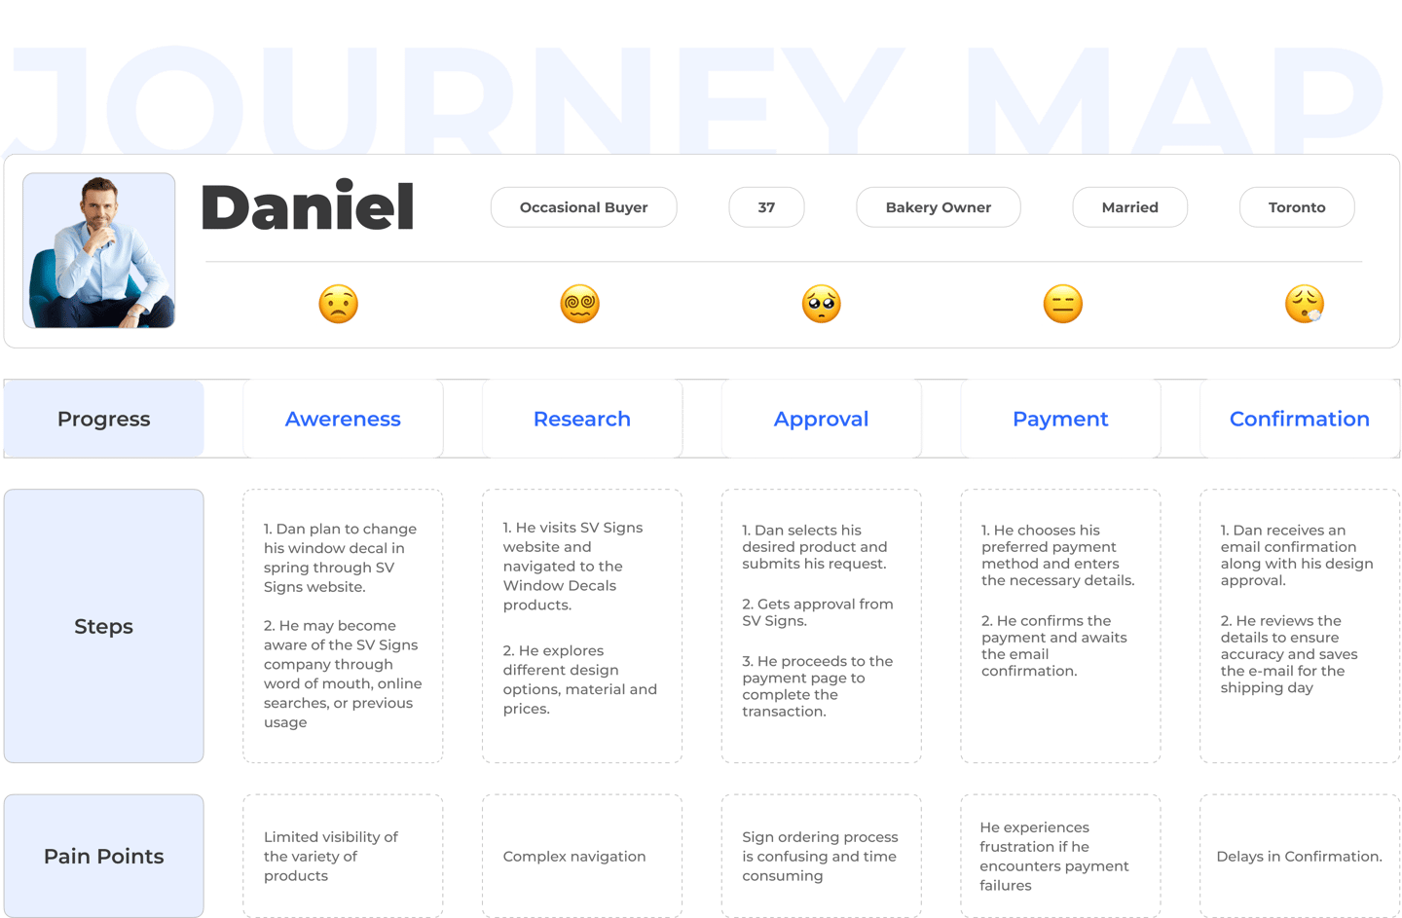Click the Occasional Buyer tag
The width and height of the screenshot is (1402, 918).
583,207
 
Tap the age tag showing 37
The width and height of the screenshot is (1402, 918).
766,207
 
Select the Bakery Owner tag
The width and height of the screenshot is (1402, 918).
938,207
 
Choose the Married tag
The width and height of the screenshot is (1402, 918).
1129,207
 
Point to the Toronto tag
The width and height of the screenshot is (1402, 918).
1296,207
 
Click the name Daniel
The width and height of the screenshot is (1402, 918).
308,207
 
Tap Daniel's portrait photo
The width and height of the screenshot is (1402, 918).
99,251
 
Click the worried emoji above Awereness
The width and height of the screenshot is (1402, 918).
339,304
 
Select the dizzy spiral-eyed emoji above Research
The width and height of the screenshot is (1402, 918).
580,304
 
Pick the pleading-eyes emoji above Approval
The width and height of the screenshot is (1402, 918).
822,304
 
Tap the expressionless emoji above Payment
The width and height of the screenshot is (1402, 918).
1063,304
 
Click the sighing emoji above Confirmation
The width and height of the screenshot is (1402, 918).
1305,304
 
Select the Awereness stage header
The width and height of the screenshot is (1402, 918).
343,419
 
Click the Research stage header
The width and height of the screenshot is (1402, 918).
582,419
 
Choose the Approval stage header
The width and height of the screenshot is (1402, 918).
821,419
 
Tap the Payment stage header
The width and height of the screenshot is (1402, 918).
1060,419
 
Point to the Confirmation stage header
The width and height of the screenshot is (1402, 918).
1299,419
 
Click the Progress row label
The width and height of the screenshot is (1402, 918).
104,419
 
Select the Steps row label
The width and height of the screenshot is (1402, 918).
104,626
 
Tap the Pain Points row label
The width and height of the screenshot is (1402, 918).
104,856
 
